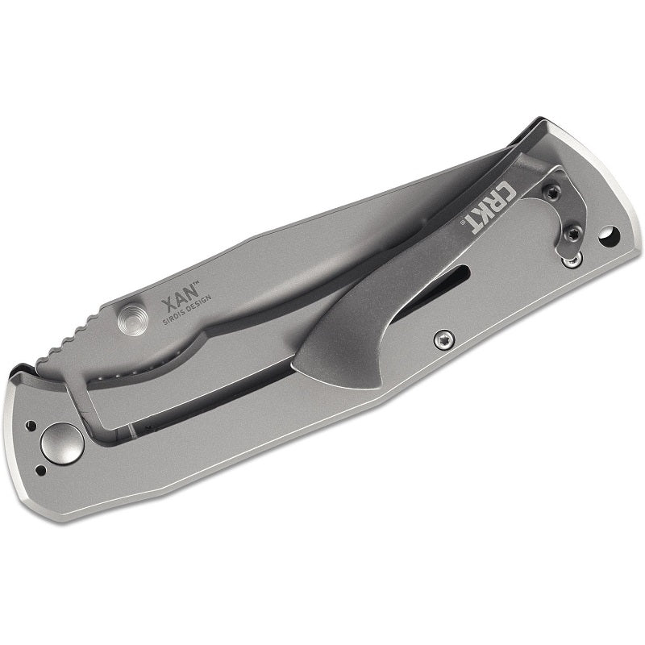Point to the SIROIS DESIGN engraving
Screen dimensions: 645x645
(x=187, y=310)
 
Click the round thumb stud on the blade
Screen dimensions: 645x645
(x=132, y=319)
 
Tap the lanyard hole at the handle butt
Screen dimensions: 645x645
(x=610, y=236)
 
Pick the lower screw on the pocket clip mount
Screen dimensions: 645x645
(x=572, y=235)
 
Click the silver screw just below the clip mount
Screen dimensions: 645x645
(x=572, y=260)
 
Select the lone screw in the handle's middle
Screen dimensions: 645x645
(x=444, y=340)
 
